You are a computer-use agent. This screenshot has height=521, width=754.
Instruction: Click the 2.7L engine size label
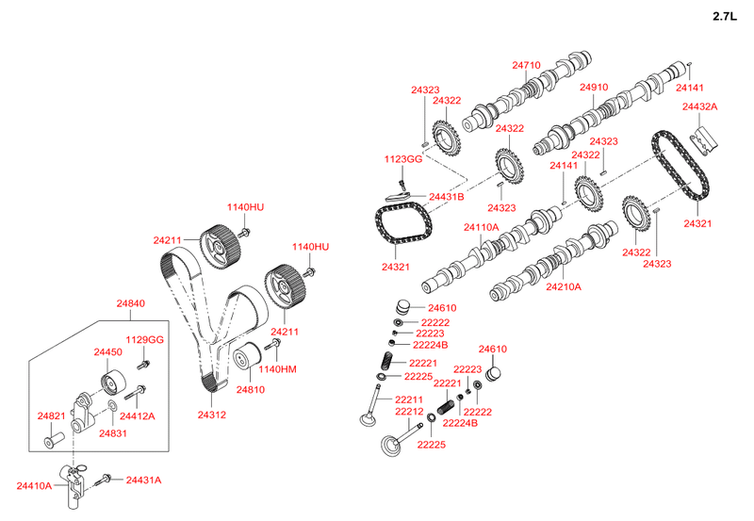click(724, 16)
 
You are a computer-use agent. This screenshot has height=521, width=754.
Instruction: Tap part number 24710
click(526, 65)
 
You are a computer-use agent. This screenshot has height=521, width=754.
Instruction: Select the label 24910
click(594, 87)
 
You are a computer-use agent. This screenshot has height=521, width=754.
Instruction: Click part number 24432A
click(699, 106)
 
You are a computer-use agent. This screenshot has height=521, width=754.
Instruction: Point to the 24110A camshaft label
click(482, 227)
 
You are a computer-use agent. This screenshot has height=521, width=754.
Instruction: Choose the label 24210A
click(564, 287)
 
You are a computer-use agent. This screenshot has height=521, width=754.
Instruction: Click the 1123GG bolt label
click(403, 159)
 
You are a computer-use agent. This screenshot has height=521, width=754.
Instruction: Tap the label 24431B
click(446, 197)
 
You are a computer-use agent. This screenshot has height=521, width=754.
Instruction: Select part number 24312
click(211, 415)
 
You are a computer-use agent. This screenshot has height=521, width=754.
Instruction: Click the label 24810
click(250, 389)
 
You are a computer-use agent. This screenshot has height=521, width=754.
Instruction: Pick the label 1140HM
click(277, 369)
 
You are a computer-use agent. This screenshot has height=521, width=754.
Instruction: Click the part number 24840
click(130, 303)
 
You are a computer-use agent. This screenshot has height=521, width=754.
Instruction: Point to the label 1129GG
click(145, 340)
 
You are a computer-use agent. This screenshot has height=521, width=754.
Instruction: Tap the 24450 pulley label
click(107, 351)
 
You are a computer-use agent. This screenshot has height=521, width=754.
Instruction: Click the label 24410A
click(34, 486)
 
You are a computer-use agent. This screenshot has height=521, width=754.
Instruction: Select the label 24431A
click(144, 480)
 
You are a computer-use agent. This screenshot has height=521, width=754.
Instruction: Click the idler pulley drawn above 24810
click(247, 356)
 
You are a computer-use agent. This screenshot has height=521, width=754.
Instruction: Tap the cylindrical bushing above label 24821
click(55, 440)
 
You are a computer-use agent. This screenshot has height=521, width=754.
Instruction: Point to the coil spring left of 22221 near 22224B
click(446, 407)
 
